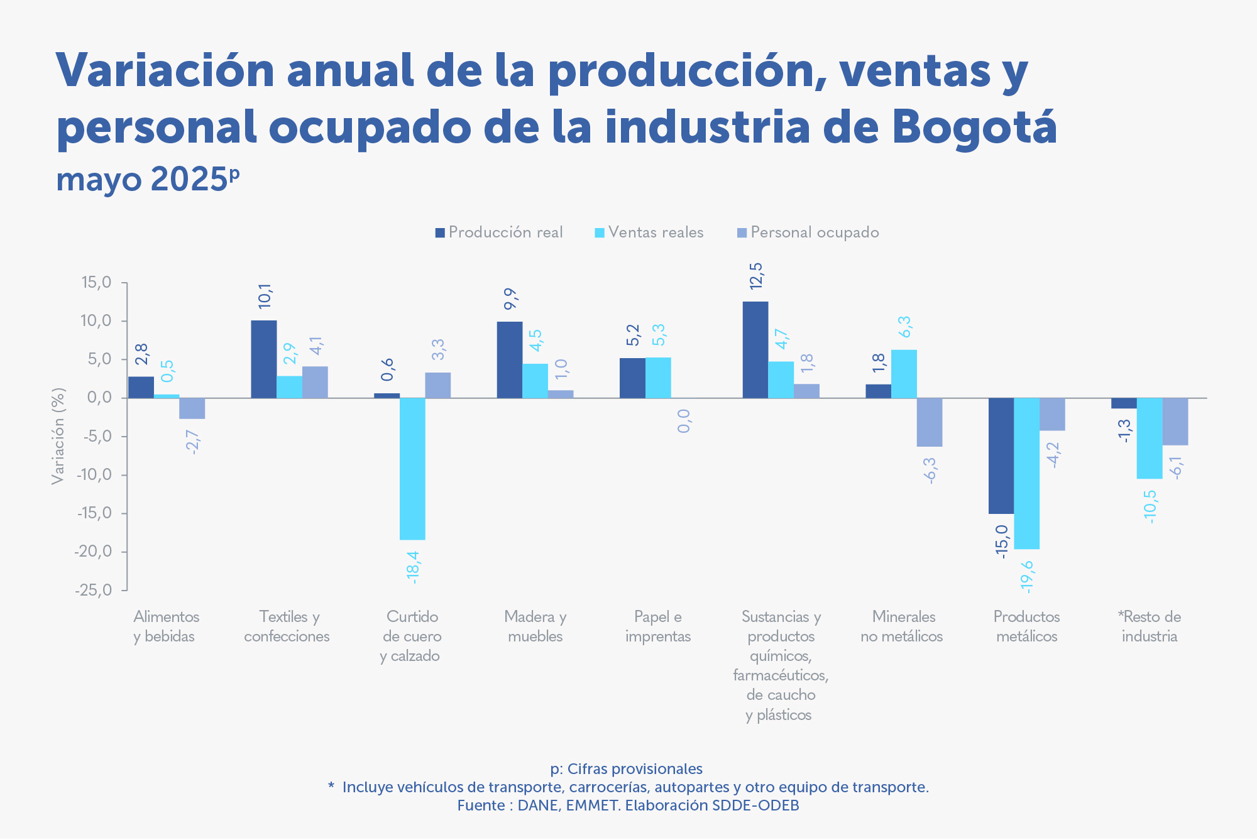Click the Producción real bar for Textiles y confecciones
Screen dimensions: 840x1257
263,359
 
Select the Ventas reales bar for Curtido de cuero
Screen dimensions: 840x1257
412,469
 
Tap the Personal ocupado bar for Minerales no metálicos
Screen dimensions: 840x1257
929,422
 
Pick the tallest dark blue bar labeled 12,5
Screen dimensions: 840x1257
755,349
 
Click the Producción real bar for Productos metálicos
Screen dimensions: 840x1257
1001,455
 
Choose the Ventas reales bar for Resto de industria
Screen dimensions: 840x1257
1149,438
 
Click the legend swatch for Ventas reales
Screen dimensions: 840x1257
600,233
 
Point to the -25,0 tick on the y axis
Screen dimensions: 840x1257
94,591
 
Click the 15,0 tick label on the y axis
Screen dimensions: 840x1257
96,283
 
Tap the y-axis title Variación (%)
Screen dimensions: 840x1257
58,436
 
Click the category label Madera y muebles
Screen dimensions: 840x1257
535,626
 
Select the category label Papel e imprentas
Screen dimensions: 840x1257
657,626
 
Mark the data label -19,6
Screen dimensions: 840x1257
1026,576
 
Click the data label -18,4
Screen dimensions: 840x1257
412,567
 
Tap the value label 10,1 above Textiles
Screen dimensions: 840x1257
265,296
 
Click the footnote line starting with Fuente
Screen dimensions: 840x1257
628,805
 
